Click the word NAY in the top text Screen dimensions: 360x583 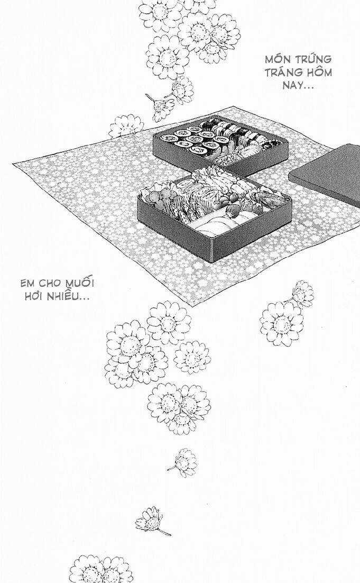tap(291, 86)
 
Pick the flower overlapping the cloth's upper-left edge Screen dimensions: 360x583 tap(126, 126)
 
